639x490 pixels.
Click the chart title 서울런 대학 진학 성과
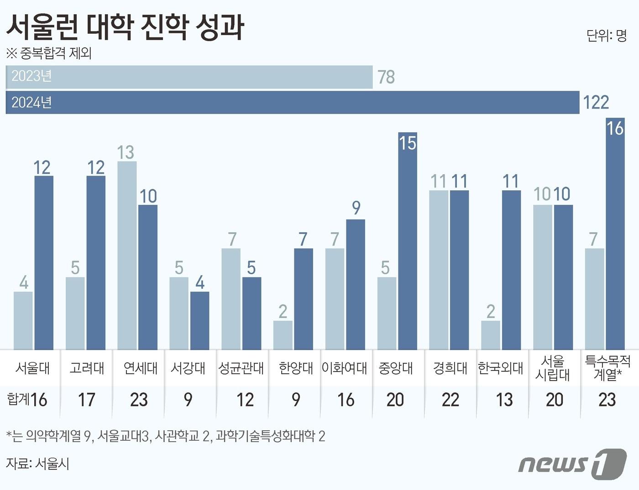click(x=125, y=27)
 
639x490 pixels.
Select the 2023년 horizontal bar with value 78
click(x=189, y=77)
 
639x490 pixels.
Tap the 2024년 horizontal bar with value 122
click(x=292, y=102)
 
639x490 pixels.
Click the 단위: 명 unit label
click(x=607, y=36)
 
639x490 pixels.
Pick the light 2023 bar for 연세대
click(x=127, y=255)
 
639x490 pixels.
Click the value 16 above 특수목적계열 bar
click(x=615, y=128)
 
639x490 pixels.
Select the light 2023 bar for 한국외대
click(x=491, y=335)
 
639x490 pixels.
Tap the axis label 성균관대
click(x=241, y=368)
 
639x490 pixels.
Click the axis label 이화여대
click(x=345, y=368)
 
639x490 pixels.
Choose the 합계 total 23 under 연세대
click(x=139, y=400)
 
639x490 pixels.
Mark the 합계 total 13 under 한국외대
click(x=504, y=400)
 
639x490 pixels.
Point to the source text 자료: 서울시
click(x=37, y=464)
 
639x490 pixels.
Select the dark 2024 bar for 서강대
click(x=199, y=321)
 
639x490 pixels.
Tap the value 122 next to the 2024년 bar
click(x=596, y=103)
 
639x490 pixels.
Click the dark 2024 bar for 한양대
click(x=304, y=299)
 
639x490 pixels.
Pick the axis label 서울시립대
click(x=553, y=368)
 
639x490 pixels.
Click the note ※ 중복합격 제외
click(x=49, y=53)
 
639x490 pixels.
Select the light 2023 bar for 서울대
click(x=23, y=321)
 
